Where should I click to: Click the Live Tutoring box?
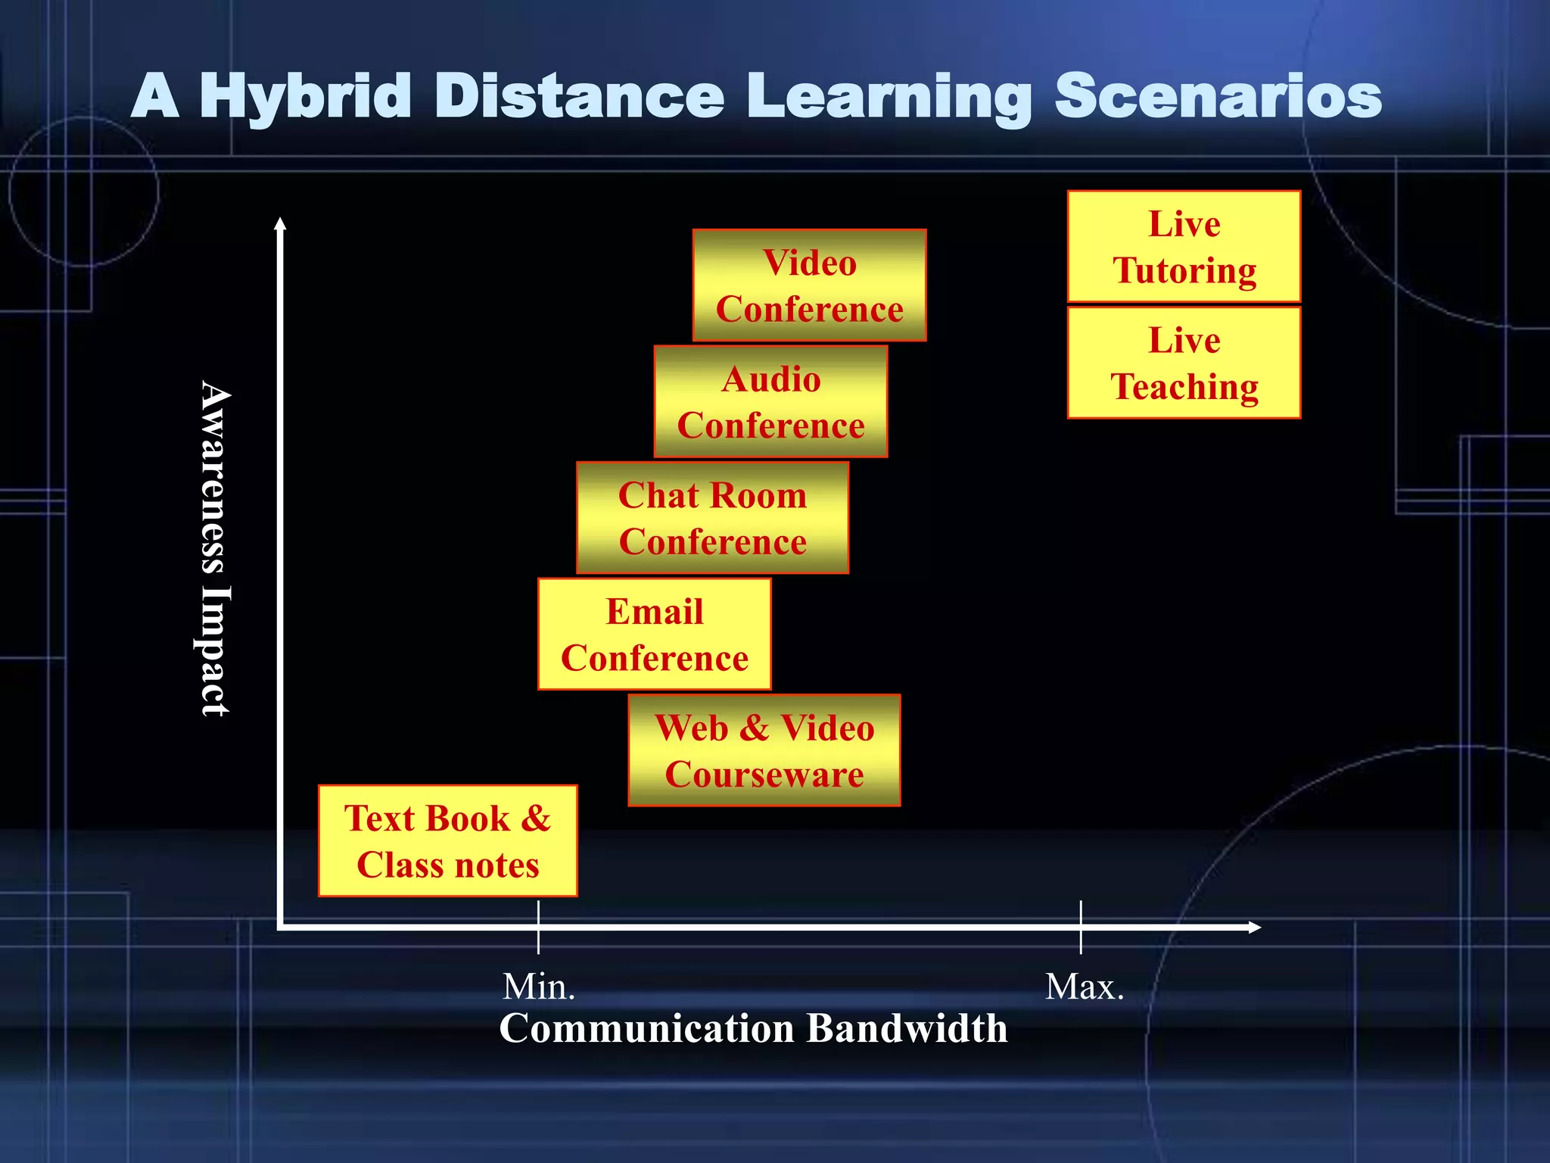[1184, 247]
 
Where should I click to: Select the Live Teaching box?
[1184, 363]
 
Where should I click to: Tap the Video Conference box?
[809, 285]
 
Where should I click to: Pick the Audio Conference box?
[770, 401]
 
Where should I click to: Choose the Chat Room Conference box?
[712, 518]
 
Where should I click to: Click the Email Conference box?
[654, 634]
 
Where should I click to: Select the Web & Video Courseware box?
[764, 750]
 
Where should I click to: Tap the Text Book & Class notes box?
[447, 841]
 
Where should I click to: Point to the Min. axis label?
[539, 987]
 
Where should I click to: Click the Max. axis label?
[1084, 987]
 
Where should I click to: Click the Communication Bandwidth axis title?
[753, 1028]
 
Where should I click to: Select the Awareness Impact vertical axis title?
[215, 548]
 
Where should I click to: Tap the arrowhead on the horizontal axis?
[1254, 927]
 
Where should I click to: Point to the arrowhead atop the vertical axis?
[280, 223]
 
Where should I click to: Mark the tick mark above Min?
[538, 927]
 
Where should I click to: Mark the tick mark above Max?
[1081, 927]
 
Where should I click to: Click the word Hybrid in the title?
[305, 97]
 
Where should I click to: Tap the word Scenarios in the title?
[1219, 97]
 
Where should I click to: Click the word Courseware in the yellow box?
[764, 775]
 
